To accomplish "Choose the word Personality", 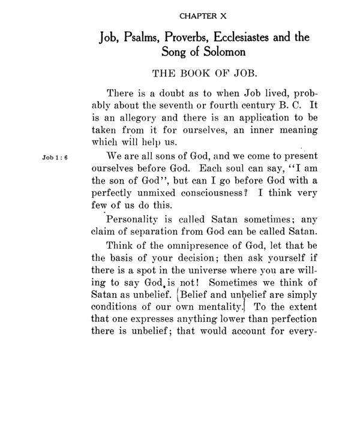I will [x=136, y=219].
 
